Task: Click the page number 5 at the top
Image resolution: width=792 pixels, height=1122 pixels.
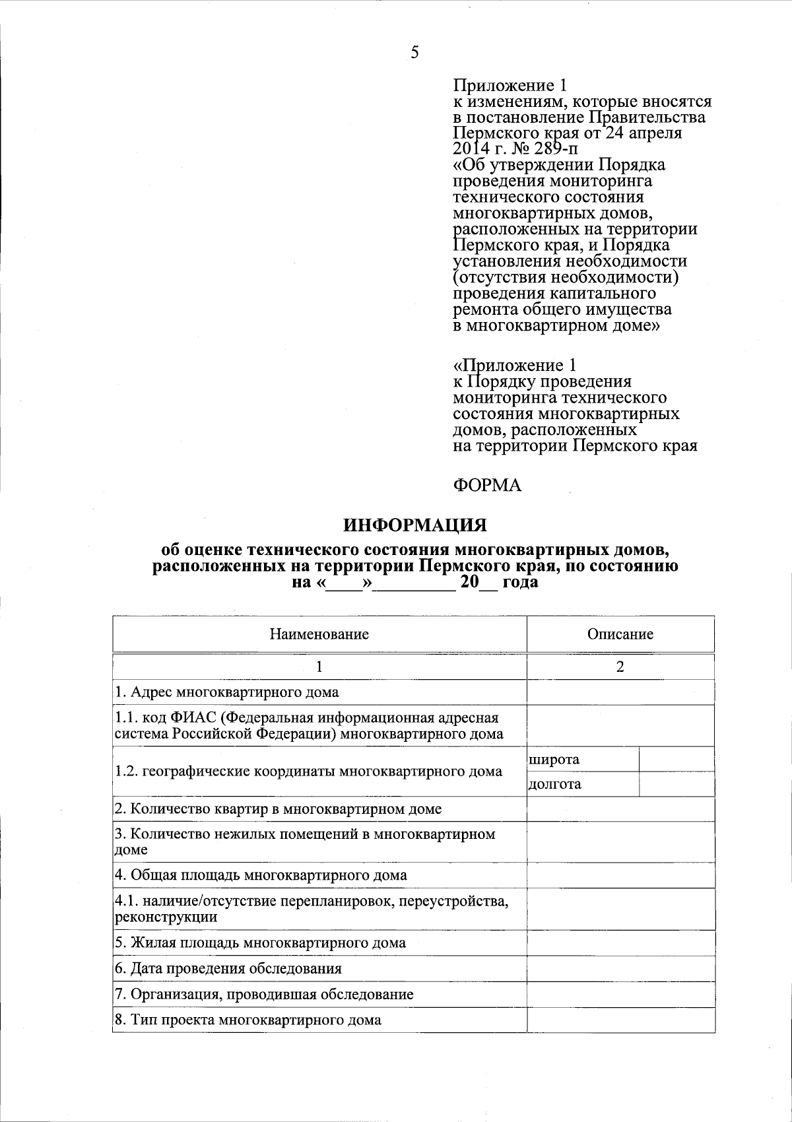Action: tap(414, 53)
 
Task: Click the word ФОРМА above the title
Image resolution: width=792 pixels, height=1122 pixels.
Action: tap(487, 486)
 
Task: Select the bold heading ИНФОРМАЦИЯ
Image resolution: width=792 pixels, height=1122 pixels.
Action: tap(414, 525)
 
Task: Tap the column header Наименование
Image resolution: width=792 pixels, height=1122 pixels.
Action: tap(319, 634)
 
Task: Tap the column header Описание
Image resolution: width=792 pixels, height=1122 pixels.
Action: tap(620, 634)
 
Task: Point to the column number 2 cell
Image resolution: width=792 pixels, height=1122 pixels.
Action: tap(620, 667)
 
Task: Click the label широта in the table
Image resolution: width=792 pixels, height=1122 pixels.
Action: tap(554, 759)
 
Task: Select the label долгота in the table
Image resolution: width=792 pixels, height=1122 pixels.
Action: tap(555, 784)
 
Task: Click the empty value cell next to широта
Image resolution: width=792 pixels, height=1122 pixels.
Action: tap(676, 759)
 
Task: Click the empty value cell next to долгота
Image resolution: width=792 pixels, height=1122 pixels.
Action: tap(676, 784)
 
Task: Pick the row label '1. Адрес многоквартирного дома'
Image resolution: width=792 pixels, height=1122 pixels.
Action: tap(227, 692)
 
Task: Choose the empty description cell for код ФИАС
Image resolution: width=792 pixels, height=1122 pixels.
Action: tap(620, 725)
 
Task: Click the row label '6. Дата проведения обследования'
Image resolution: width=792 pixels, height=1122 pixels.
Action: tap(228, 969)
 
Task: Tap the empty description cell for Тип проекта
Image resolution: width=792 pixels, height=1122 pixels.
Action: tap(620, 1020)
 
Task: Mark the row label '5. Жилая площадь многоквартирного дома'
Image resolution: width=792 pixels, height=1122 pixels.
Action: tap(260, 943)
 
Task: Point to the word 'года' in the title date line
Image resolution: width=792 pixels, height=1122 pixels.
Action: tap(520, 583)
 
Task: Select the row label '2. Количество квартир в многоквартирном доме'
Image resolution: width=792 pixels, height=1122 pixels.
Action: tap(278, 809)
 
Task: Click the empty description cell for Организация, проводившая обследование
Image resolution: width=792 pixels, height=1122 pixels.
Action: tap(620, 995)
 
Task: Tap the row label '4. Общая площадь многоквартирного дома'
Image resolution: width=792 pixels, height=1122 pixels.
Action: tap(261, 876)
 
